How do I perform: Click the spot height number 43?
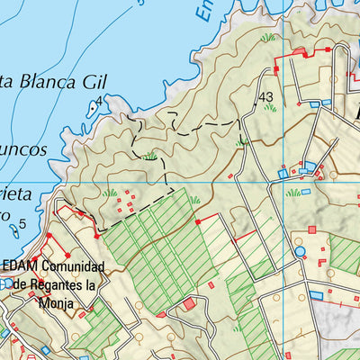point(265,96)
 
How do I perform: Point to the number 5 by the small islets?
point(22,222)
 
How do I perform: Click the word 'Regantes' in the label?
point(65,285)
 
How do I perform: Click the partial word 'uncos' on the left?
point(22,149)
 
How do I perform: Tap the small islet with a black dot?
point(93,110)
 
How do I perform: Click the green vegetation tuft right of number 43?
point(271,108)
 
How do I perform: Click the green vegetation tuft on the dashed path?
point(150,156)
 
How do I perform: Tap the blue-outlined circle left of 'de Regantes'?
point(6,283)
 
